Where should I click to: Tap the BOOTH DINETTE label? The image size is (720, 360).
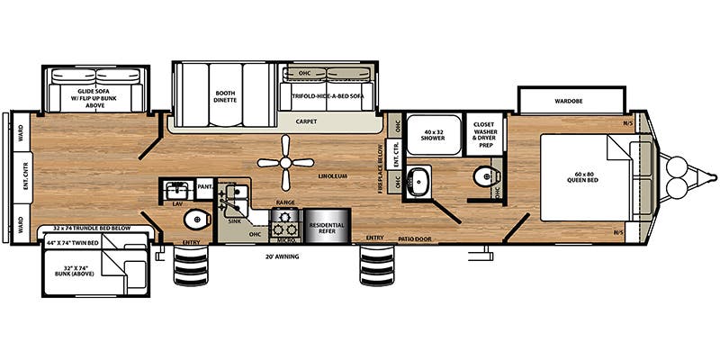[225, 96]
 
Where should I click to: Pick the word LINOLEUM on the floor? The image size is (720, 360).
[332, 175]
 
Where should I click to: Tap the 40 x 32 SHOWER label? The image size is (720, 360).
[428, 133]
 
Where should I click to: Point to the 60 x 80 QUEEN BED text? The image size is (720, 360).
[586, 176]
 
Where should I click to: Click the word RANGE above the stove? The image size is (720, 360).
[285, 203]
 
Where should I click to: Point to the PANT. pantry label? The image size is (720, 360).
[204, 187]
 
